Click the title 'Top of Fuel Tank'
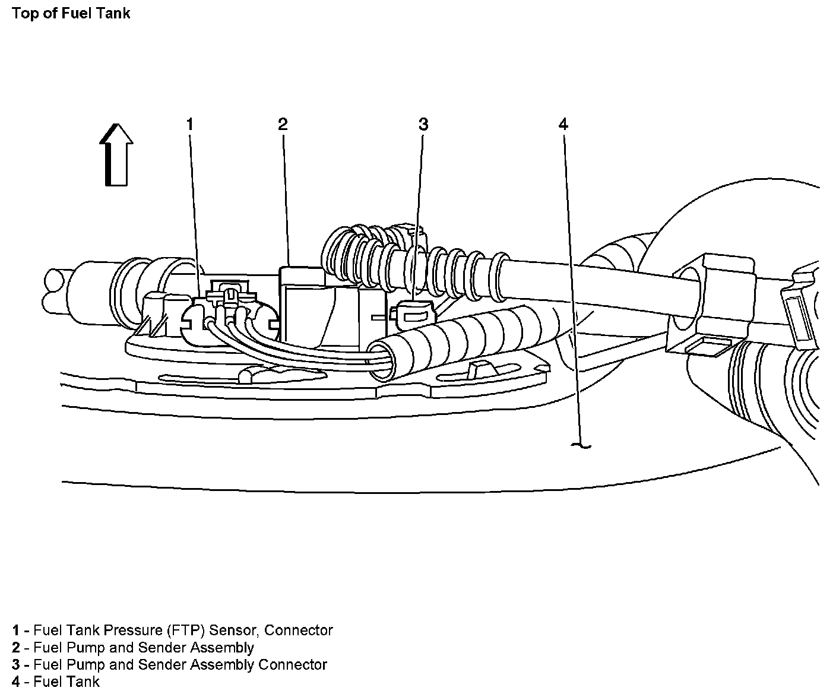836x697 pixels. tap(71, 14)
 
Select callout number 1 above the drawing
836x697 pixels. tap(189, 124)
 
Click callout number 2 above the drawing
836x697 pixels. tap(283, 124)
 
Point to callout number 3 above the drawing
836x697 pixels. tap(423, 124)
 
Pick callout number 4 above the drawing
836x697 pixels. tap(563, 123)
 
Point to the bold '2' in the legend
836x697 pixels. tap(16, 648)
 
